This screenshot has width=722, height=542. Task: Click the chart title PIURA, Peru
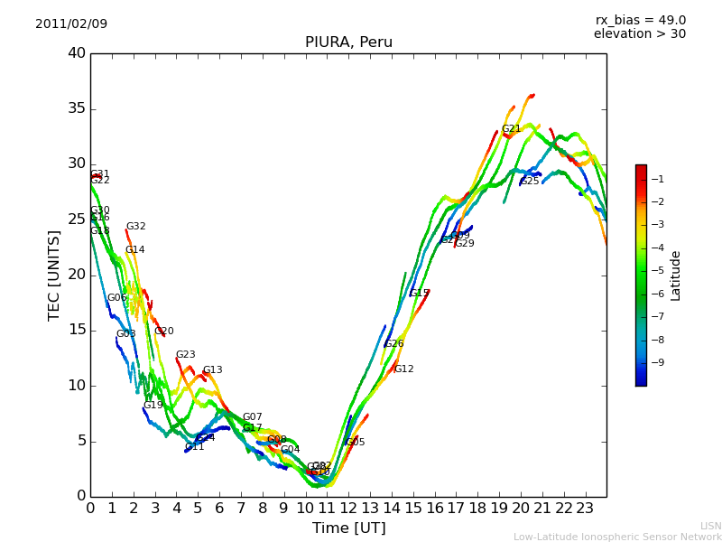pyautogui.click(x=348, y=42)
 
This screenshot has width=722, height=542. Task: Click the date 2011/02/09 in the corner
pyautogui.click(x=71, y=23)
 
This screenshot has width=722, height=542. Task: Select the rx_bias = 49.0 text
pyautogui.click(x=640, y=20)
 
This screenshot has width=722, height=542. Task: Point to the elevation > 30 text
pyautogui.click(x=640, y=34)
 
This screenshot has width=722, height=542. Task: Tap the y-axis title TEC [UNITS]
pyautogui.click(x=54, y=275)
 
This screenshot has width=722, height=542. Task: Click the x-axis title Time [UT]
pyautogui.click(x=348, y=528)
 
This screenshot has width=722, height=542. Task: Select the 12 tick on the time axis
pyautogui.click(x=348, y=508)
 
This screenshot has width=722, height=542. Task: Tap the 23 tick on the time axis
pyautogui.click(x=585, y=508)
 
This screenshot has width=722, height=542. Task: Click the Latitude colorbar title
pyautogui.click(x=676, y=276)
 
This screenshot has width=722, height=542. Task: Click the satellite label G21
pyautogui.click(x=512, y=129)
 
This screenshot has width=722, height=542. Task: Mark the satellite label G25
pyautogui.click(x=530, y=182)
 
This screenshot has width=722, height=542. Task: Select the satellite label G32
pyautogui.click(x=135, y=227)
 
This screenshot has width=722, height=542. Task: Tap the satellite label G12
pyautogui.click(x=403, y=369)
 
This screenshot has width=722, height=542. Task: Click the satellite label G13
pyautogui.click(x=212, y=370)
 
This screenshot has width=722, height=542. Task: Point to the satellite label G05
pyautogui.click(x=356, y=443)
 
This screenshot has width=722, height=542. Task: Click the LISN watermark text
pyautogui.click(x=710, y=526)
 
